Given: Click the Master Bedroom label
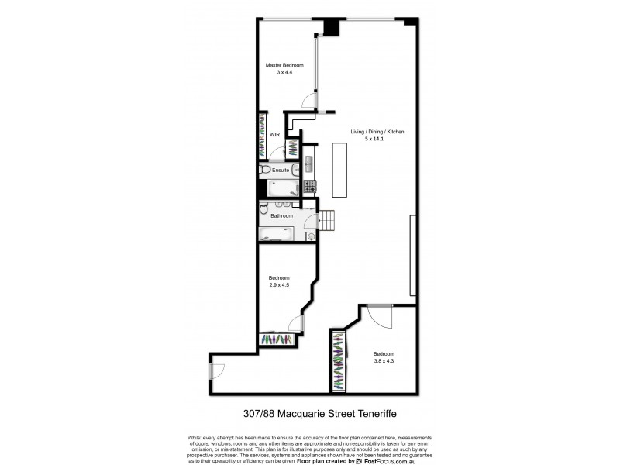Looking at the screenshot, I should (285, 65).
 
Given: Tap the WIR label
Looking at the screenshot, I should (274, 134).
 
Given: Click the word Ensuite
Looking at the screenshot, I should (281, 170).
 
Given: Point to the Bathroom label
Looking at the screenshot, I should (281, 216).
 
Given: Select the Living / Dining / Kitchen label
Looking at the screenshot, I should (377, 133).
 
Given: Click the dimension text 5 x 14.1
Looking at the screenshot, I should (377, 140).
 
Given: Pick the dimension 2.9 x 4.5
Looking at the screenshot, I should (279, 284).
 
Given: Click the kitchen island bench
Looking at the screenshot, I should (339, 170).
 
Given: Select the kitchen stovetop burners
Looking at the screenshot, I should (310, 186).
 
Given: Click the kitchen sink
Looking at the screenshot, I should (309, 164).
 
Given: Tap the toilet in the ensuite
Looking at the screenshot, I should (264, 170).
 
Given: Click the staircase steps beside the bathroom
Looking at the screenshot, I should (329, 221).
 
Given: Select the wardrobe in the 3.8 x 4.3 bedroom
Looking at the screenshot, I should (338, 361).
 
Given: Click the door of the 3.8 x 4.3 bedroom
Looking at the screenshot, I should (380, 315).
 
